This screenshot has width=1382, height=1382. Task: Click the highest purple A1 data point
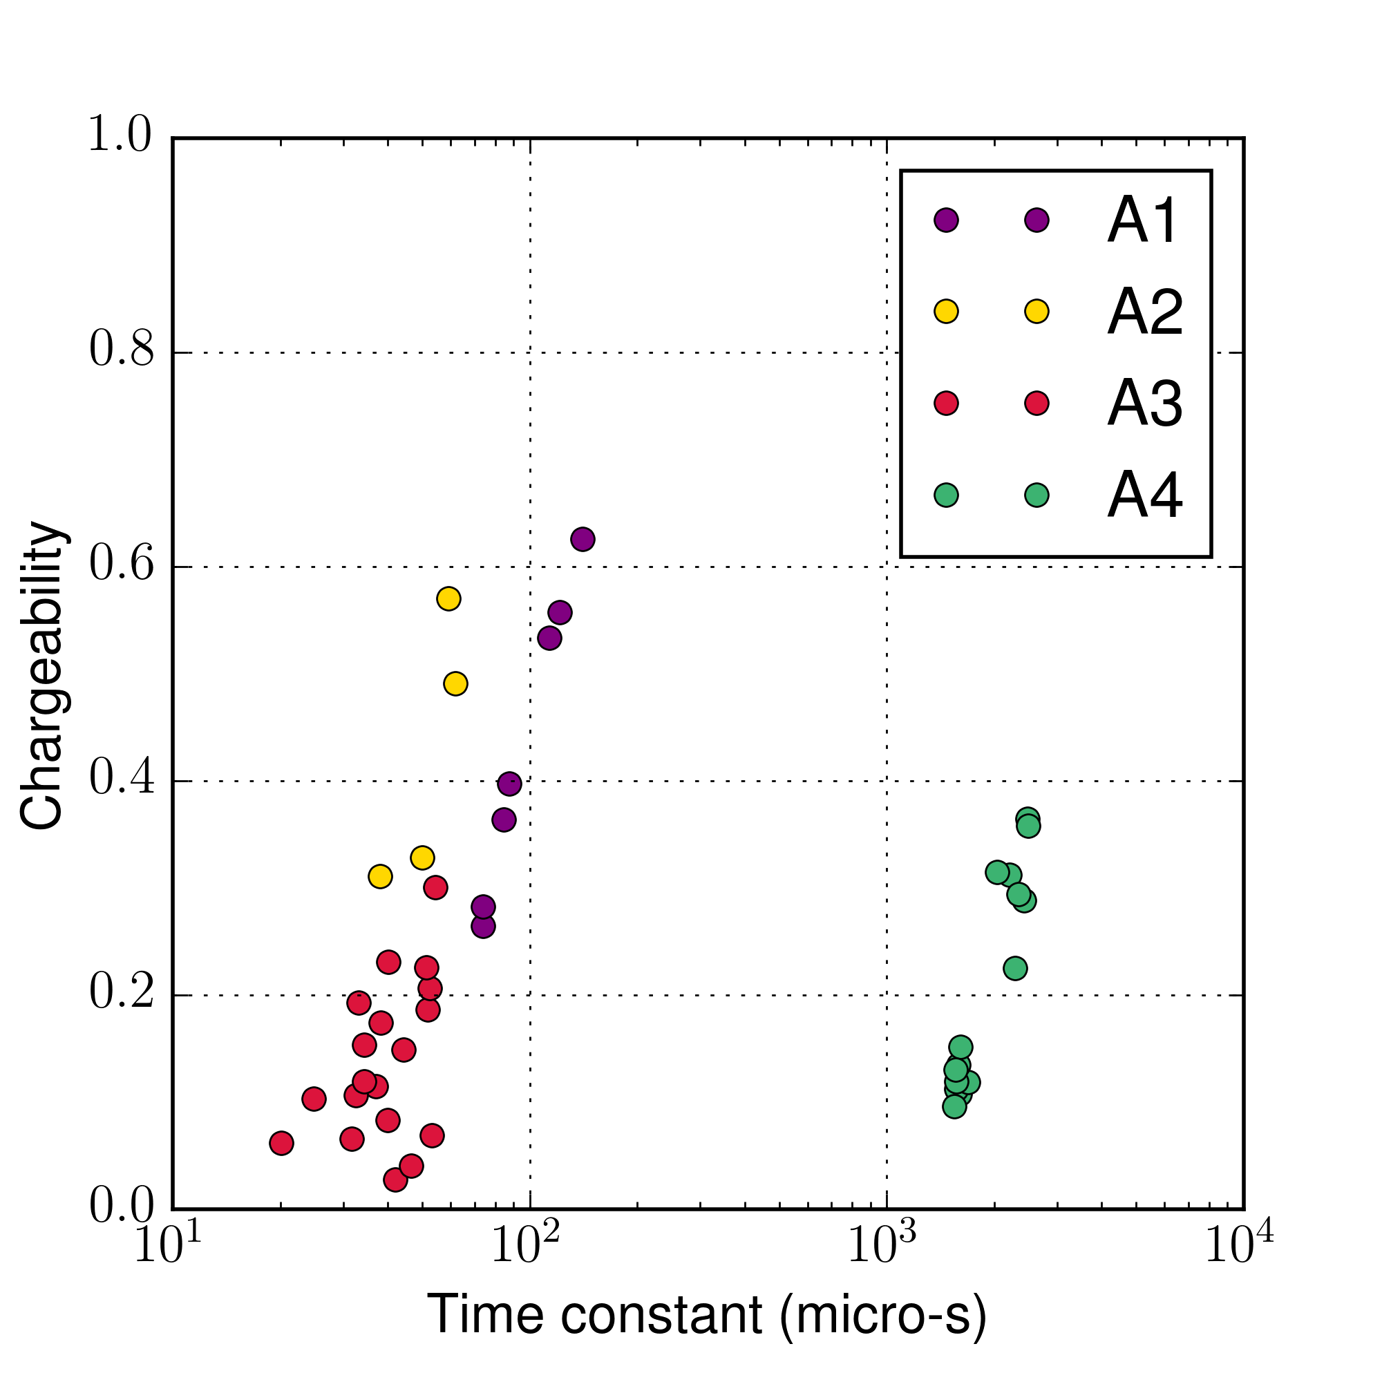click(x=583, y=540)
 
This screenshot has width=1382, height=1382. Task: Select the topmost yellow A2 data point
click(x=448, y=598)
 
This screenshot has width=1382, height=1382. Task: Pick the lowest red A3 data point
click(x=395, y=1180)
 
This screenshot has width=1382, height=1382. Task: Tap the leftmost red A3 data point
click(x=282, y=1143)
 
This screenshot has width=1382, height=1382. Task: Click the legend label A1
click(x=1142, y=221)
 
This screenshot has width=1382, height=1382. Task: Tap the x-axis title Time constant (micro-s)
click(x=707, y=1315)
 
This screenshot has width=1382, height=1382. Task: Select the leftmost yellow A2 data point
click(x=381, y=876)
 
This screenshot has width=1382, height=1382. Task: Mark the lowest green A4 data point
click(x=954, y=1106)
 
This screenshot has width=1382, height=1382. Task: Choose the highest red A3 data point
click(x=435, y=888)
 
